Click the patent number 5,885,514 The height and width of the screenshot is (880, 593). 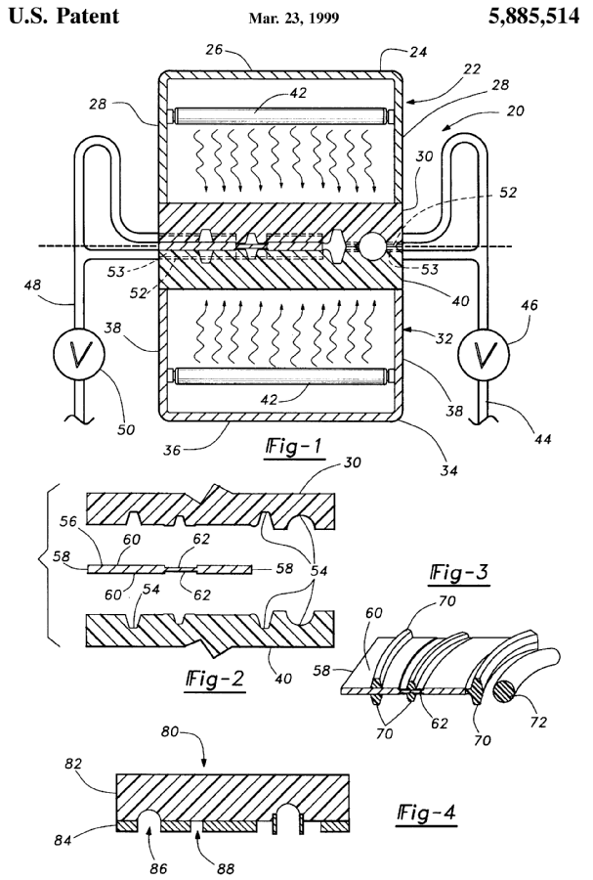533,17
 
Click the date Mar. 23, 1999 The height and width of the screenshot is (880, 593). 294,19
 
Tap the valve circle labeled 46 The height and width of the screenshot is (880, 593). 484,353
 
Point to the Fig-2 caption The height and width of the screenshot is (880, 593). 215,681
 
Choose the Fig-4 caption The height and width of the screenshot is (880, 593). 427,814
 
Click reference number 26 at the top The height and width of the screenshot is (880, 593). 214,50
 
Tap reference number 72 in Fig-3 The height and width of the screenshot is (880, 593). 538,722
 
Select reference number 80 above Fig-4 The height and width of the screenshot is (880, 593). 170,731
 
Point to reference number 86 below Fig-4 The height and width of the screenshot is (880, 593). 158,869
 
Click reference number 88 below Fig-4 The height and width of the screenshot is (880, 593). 226,869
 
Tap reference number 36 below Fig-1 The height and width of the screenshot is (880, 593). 173,449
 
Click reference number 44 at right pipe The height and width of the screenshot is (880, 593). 542,438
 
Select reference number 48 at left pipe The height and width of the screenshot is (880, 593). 34,286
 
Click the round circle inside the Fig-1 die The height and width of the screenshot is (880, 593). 372,245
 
